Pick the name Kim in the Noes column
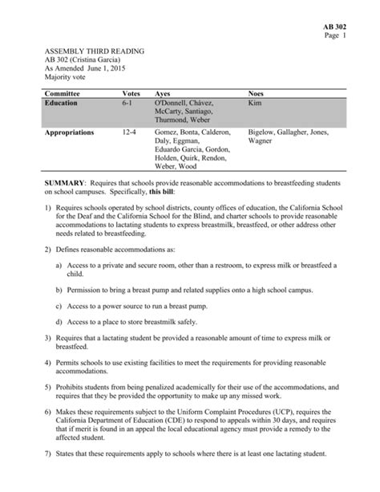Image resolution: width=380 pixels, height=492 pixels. click(x=256, y=104)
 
